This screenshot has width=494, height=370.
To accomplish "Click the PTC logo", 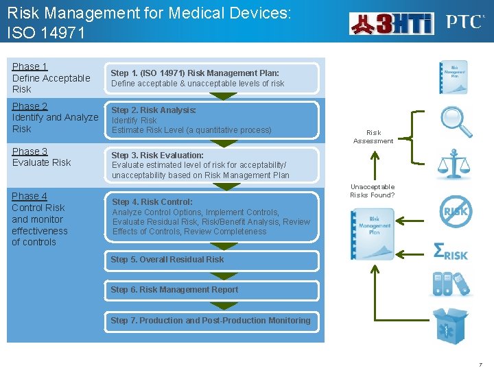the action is [464, 23].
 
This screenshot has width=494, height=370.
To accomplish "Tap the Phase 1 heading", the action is [30, 66].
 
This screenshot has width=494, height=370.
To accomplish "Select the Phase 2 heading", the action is [30, 106].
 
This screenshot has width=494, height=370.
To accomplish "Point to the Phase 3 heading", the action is [30, 151].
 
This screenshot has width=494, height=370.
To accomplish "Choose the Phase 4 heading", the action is [30, 196].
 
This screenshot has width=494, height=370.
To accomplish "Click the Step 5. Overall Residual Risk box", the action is [212, 260].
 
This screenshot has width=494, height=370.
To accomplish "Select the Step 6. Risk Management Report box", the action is [212, 290].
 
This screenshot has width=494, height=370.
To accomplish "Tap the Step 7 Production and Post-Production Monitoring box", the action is [212, 321].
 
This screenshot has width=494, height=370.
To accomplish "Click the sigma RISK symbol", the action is [451, 251].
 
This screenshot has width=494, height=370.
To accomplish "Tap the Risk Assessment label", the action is [373, 137].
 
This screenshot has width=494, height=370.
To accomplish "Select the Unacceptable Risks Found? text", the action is [373, 190].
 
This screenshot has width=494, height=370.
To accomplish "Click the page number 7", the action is [480, 364].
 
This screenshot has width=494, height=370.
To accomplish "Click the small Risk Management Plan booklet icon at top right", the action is [454, 76].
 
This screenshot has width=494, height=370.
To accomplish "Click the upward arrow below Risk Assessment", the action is [373, 165].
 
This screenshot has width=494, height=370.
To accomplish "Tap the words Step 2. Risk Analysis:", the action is [154, 110].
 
